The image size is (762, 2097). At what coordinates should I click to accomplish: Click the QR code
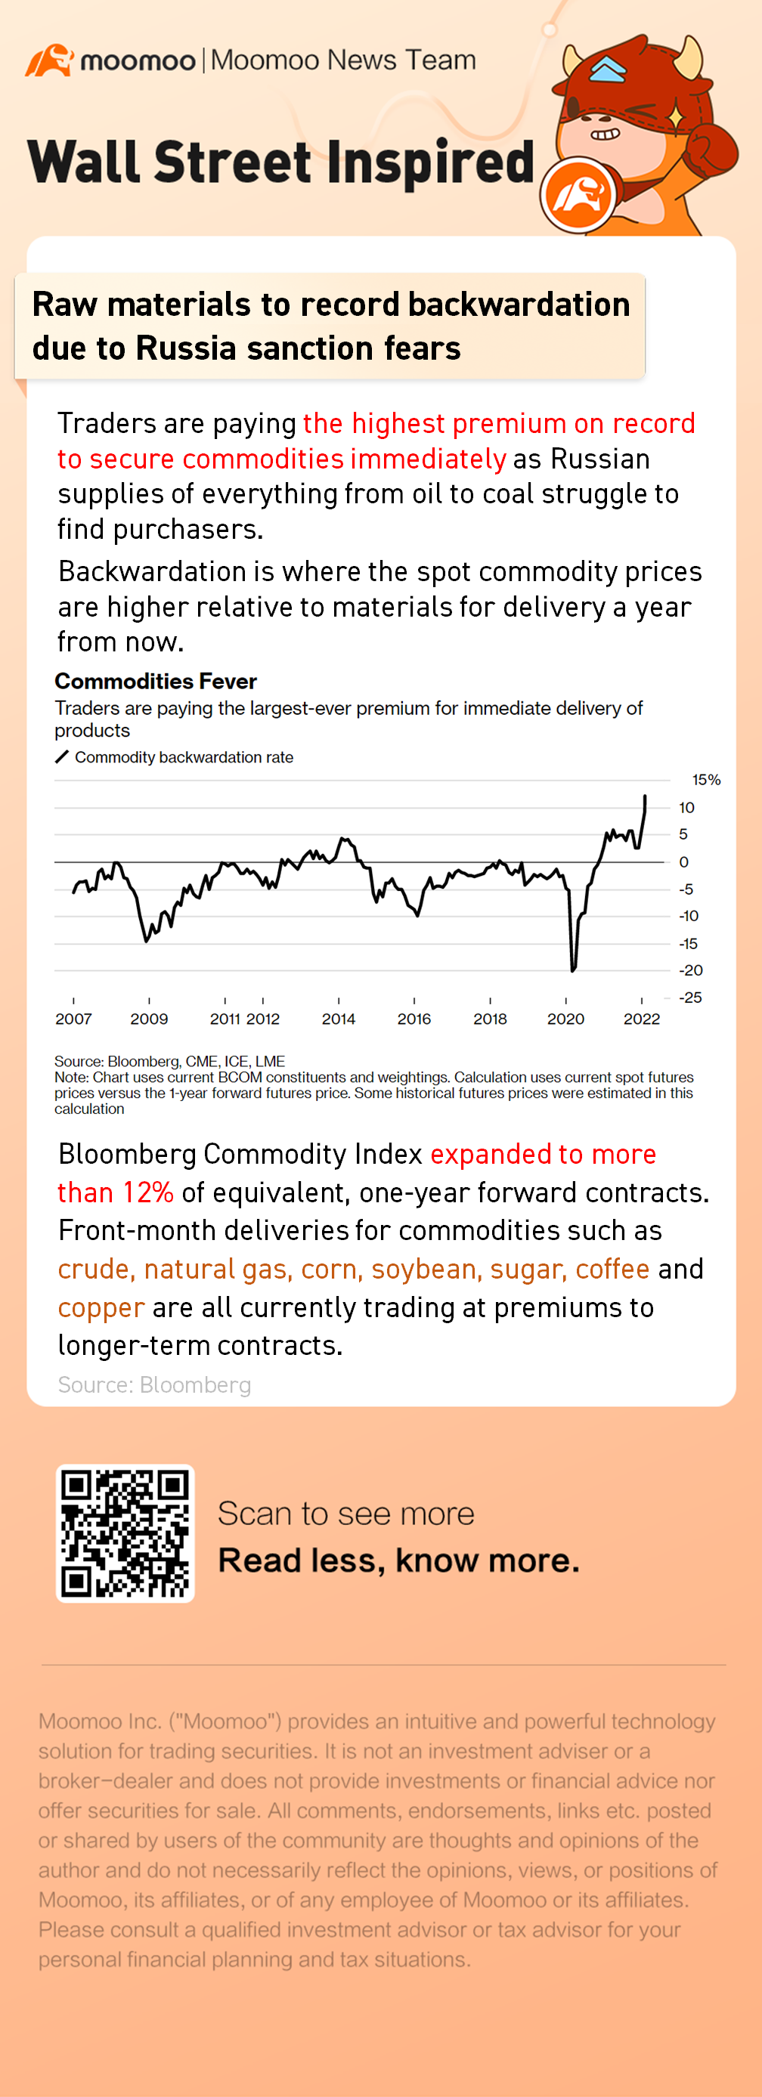coord(125,1533)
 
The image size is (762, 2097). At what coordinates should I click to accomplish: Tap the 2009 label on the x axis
coord(149,1019)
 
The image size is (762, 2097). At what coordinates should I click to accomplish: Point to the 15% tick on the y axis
coord(706,780)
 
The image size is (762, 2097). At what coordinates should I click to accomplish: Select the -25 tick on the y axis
coord(690,997)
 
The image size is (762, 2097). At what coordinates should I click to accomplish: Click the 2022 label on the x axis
coord(642,1019)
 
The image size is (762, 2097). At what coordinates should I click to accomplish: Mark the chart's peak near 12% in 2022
coord(646,797)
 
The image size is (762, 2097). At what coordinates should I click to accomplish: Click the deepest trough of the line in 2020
coord(573,970)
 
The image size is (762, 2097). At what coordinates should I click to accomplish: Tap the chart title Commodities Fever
coord(156,682)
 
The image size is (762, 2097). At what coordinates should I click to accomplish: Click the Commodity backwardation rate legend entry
coord(183,757)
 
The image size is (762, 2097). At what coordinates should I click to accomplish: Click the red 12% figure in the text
coord(148,1192)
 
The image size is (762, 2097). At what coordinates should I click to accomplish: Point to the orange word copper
coord(101,1307)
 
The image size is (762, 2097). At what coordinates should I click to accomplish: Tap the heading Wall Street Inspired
coord(281,162)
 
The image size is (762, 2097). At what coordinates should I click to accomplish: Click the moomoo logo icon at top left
coord(49,61)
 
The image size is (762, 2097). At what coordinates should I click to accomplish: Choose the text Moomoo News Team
coord(342,60)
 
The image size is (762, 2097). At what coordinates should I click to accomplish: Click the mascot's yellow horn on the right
coord(690,55)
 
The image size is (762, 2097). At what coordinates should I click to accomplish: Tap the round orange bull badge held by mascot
coord(580,196)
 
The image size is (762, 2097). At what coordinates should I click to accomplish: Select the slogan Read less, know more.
coord(398,1560)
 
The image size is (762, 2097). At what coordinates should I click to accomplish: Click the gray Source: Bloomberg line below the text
coord(154,1384)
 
